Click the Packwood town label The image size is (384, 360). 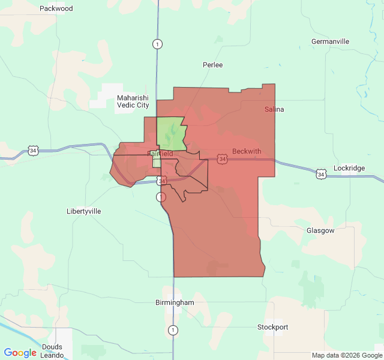coord(56,8)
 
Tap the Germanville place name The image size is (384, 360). coord(330,41)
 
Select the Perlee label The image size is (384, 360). coord(212,64)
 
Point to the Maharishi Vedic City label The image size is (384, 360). coord(133,101)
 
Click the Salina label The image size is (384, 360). coord(274,109)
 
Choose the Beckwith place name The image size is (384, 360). coord(247,151)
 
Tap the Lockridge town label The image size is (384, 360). coord(349,168)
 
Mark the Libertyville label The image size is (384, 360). coord(83,211)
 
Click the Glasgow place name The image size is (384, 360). coord(320,230)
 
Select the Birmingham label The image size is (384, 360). coord(175,302)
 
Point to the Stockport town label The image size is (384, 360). coord(272,327)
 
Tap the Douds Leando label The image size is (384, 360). coord(52,351)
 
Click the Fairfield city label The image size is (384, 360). coord(160,154)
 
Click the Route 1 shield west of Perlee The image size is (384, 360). coord(157,44)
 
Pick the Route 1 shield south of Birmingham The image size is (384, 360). coord(173,330)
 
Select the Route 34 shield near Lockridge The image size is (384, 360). coord(321,174)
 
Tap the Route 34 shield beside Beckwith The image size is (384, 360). coord(223,158)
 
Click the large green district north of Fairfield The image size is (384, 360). coord(171,134)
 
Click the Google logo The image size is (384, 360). coord(20,353)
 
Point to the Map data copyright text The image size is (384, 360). coord(346,355)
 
